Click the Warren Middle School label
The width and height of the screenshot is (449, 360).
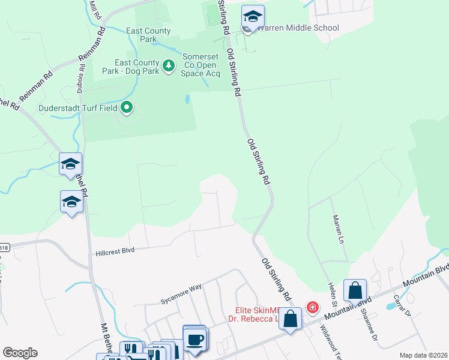tap(297, 28)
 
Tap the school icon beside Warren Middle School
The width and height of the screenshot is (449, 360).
tap(253, 17)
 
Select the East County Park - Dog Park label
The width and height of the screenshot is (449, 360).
tap(137, 66)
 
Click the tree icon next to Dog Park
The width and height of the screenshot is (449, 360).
tap(169, 64)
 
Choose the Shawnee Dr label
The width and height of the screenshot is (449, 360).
tap(368, 323)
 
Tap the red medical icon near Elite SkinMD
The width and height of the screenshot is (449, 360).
tap(312, 308)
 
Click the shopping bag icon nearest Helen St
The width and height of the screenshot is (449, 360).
tap(355, 290)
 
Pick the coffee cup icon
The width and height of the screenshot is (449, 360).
tap(194, 340)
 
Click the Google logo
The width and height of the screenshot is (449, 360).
tap(20, 353)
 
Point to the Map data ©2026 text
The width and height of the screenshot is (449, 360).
tap(423, 355)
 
